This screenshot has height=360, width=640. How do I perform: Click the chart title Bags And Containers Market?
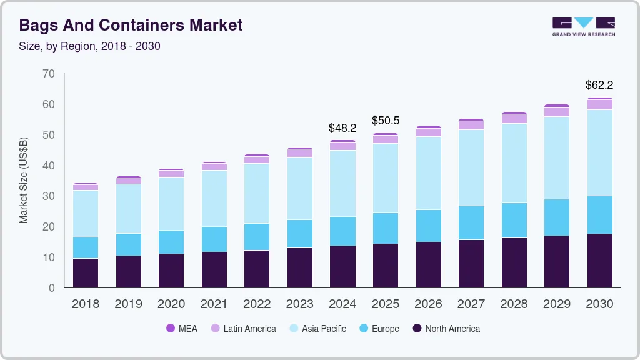click(131, 25)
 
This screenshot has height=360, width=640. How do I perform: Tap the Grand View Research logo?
click(583, 26)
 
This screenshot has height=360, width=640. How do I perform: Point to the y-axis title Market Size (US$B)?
click(24, 180)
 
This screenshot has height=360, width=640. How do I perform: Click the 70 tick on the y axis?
click(49, 74)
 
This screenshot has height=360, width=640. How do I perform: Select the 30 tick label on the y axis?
click(49, 196)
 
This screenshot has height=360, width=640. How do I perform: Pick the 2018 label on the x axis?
click(86, 304)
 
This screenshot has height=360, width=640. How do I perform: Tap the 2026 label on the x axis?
click(428, 304)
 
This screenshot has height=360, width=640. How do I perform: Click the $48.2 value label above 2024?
click(342, 128)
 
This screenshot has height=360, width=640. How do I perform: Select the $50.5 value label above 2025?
click(386, 121)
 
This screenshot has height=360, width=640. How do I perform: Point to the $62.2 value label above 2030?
click(599, 85)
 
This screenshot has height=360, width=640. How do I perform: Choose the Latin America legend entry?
click(243, 328)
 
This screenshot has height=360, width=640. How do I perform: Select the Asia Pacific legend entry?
click(317, 328)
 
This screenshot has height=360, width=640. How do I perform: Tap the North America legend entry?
click(446, 328)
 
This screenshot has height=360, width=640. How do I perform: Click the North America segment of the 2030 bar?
click(599, 261)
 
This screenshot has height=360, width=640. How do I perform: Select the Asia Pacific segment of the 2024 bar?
click(342, 183)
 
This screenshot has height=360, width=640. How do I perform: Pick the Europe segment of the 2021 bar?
click(214, 239)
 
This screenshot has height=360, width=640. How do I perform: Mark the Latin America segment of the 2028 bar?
click(514, 118)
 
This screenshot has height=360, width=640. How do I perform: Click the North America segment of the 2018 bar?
click(86, 272)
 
